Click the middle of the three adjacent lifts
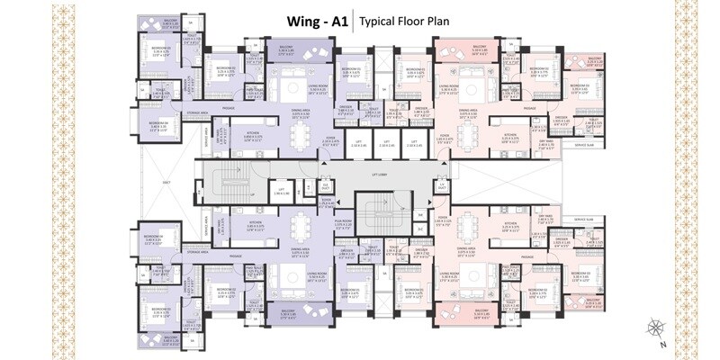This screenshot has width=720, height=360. pos(385,144)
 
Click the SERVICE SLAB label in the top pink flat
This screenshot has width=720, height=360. pos(586,144)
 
